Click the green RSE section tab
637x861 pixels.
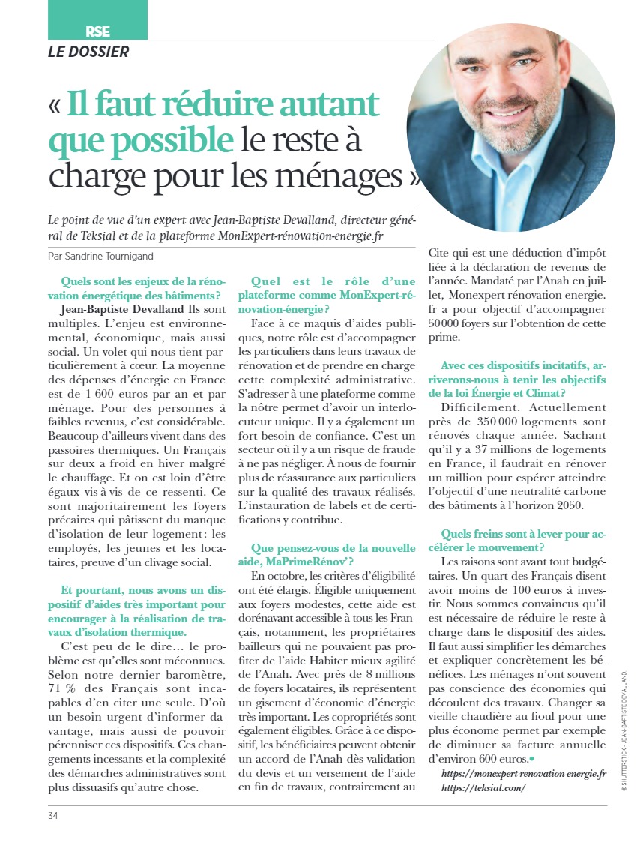(98, 31)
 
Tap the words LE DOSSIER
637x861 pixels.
(88, 52)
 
